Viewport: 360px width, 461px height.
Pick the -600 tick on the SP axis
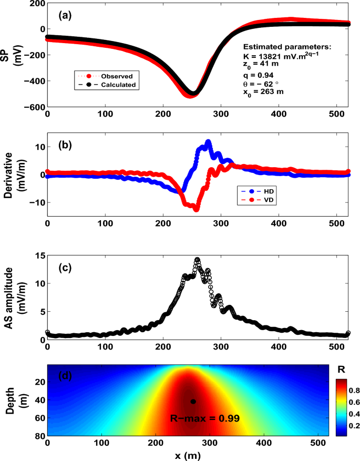click(35, 107)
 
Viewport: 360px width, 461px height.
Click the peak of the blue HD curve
click(208, 142)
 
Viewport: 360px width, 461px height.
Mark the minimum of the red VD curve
click(196, 209)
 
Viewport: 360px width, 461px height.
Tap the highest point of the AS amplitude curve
click(198, 259)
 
